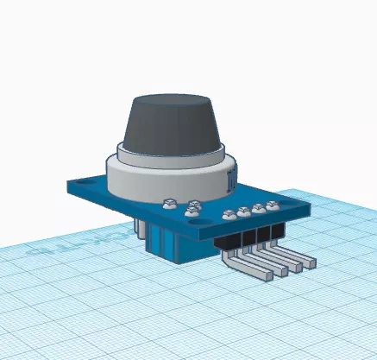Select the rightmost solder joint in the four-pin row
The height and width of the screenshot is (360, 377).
click(273, 205)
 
